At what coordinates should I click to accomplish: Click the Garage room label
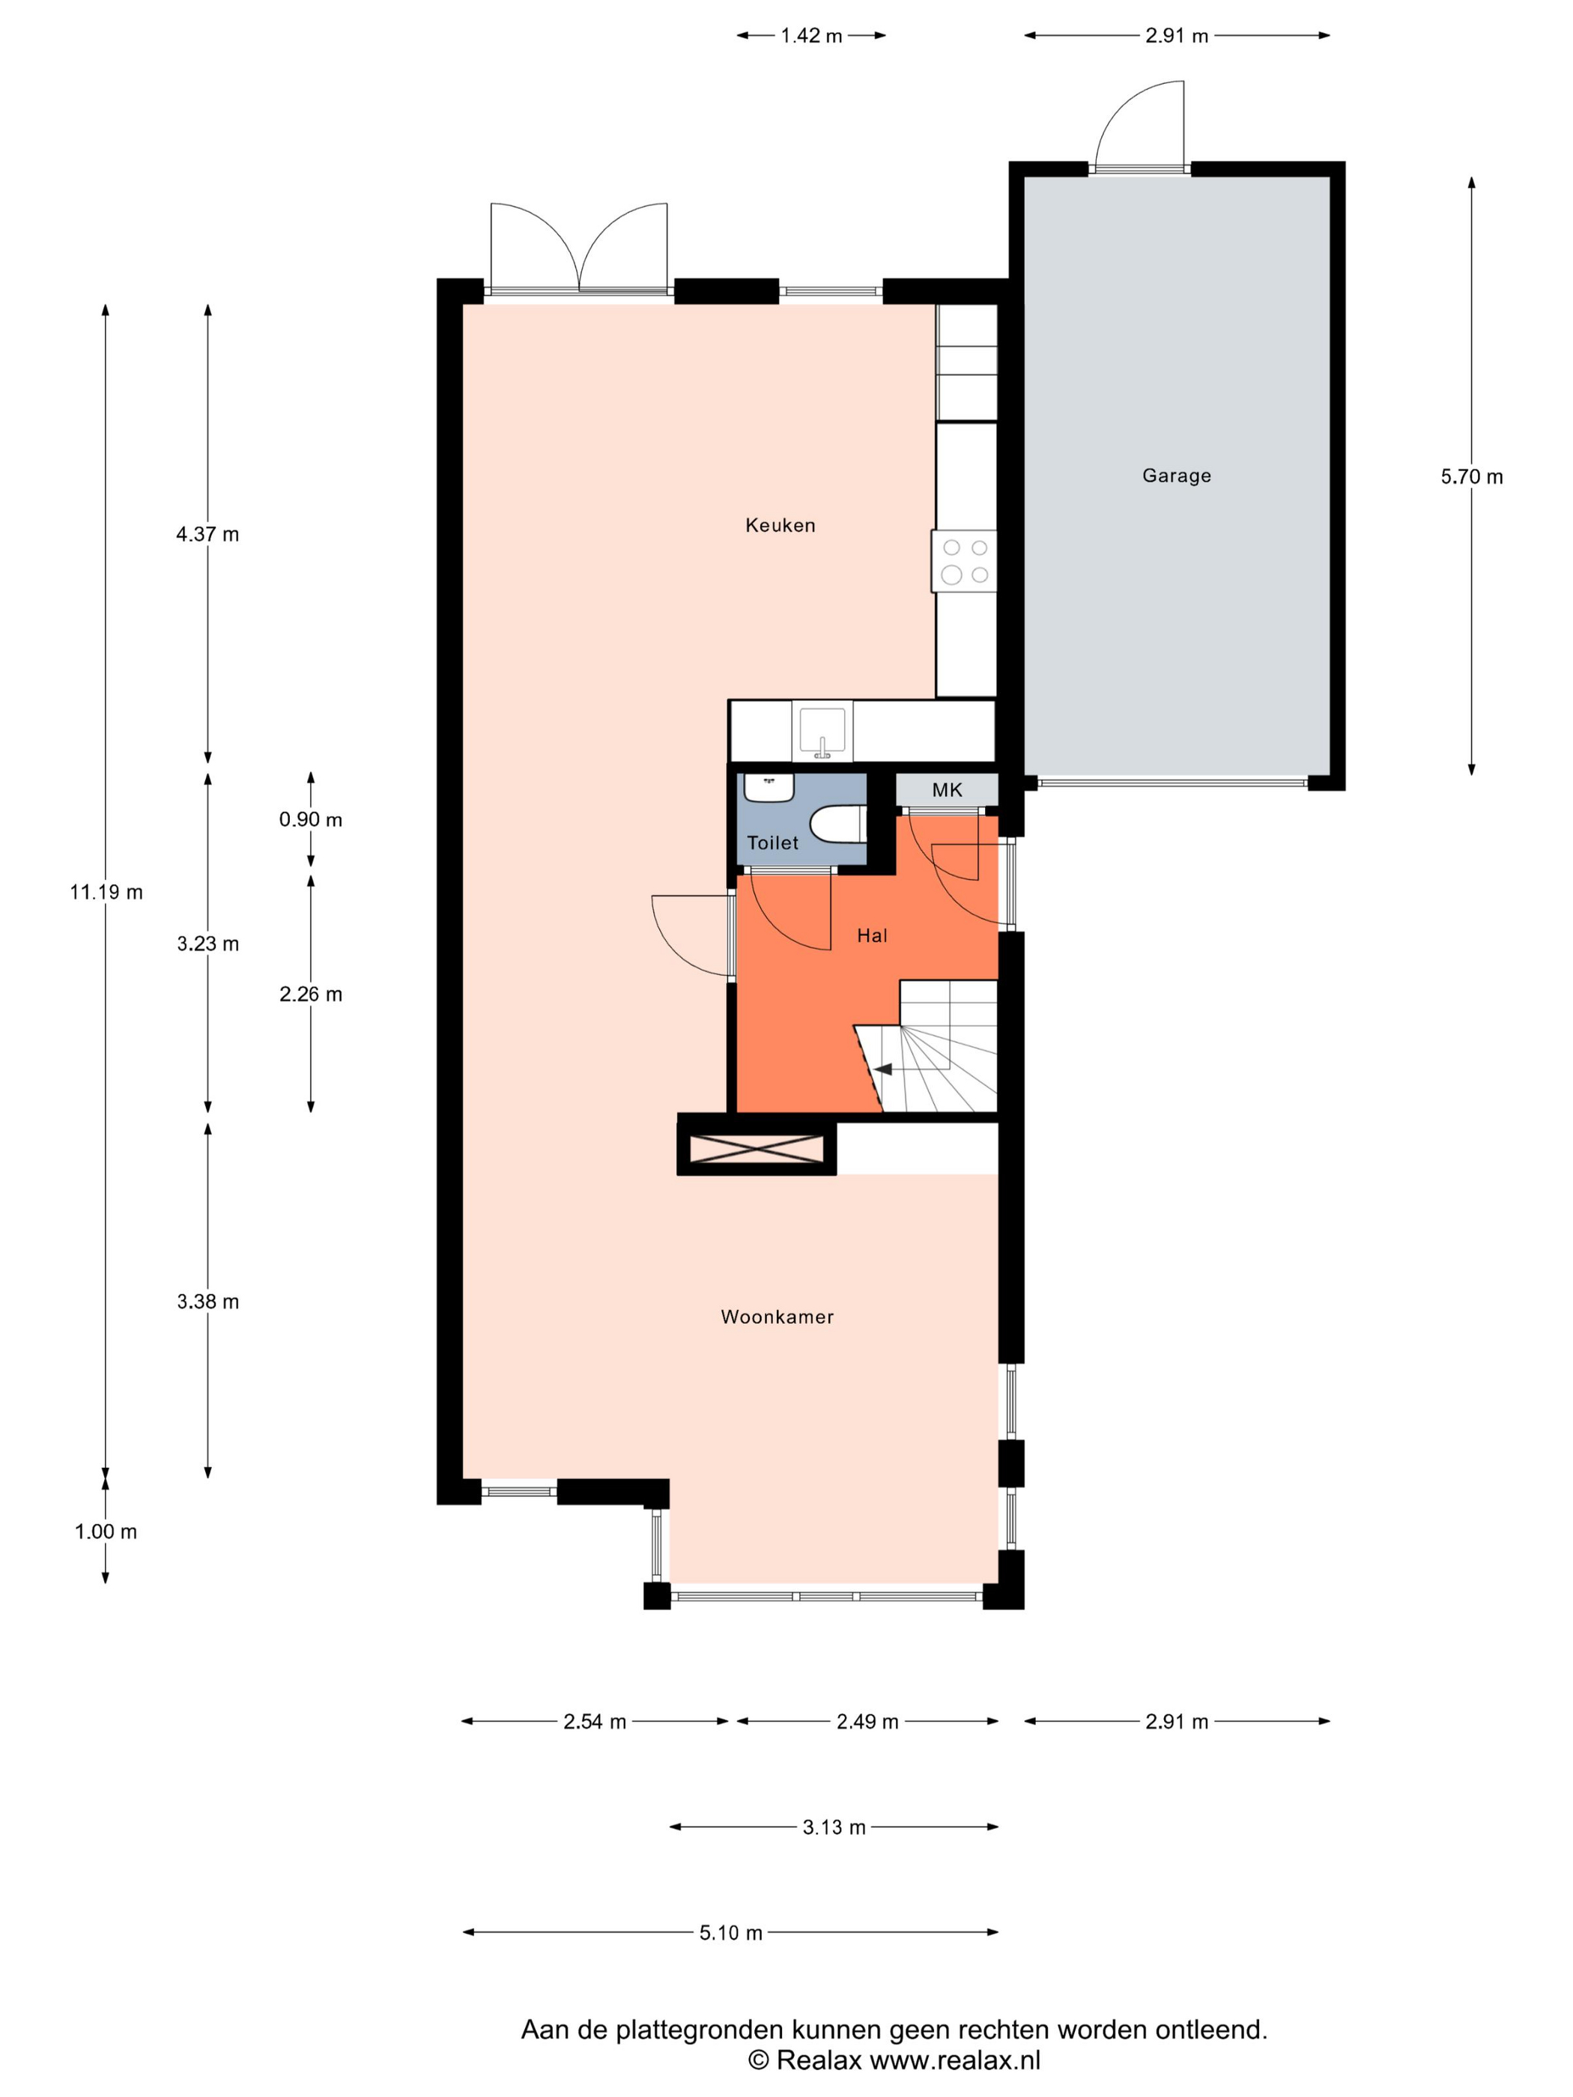[1176, 476]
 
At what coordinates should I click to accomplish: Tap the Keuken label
[780, 525]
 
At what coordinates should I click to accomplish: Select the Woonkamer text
[777, 1317]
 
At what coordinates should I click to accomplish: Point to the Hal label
[871, 935]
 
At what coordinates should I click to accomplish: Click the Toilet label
[772, 843]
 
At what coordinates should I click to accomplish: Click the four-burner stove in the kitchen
[964, 561]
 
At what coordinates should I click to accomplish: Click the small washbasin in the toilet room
[768, 788]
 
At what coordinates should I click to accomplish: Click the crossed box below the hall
[756, 1148]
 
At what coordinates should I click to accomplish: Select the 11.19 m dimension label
[106, 892]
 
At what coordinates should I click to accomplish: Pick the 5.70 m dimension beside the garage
[1470, 477]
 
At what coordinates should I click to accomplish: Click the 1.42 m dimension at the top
[810, 36]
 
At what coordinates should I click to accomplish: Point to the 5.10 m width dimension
[730, 1933]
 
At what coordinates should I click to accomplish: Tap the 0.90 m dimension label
[310, 819]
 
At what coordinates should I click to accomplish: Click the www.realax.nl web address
[955, 2059]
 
